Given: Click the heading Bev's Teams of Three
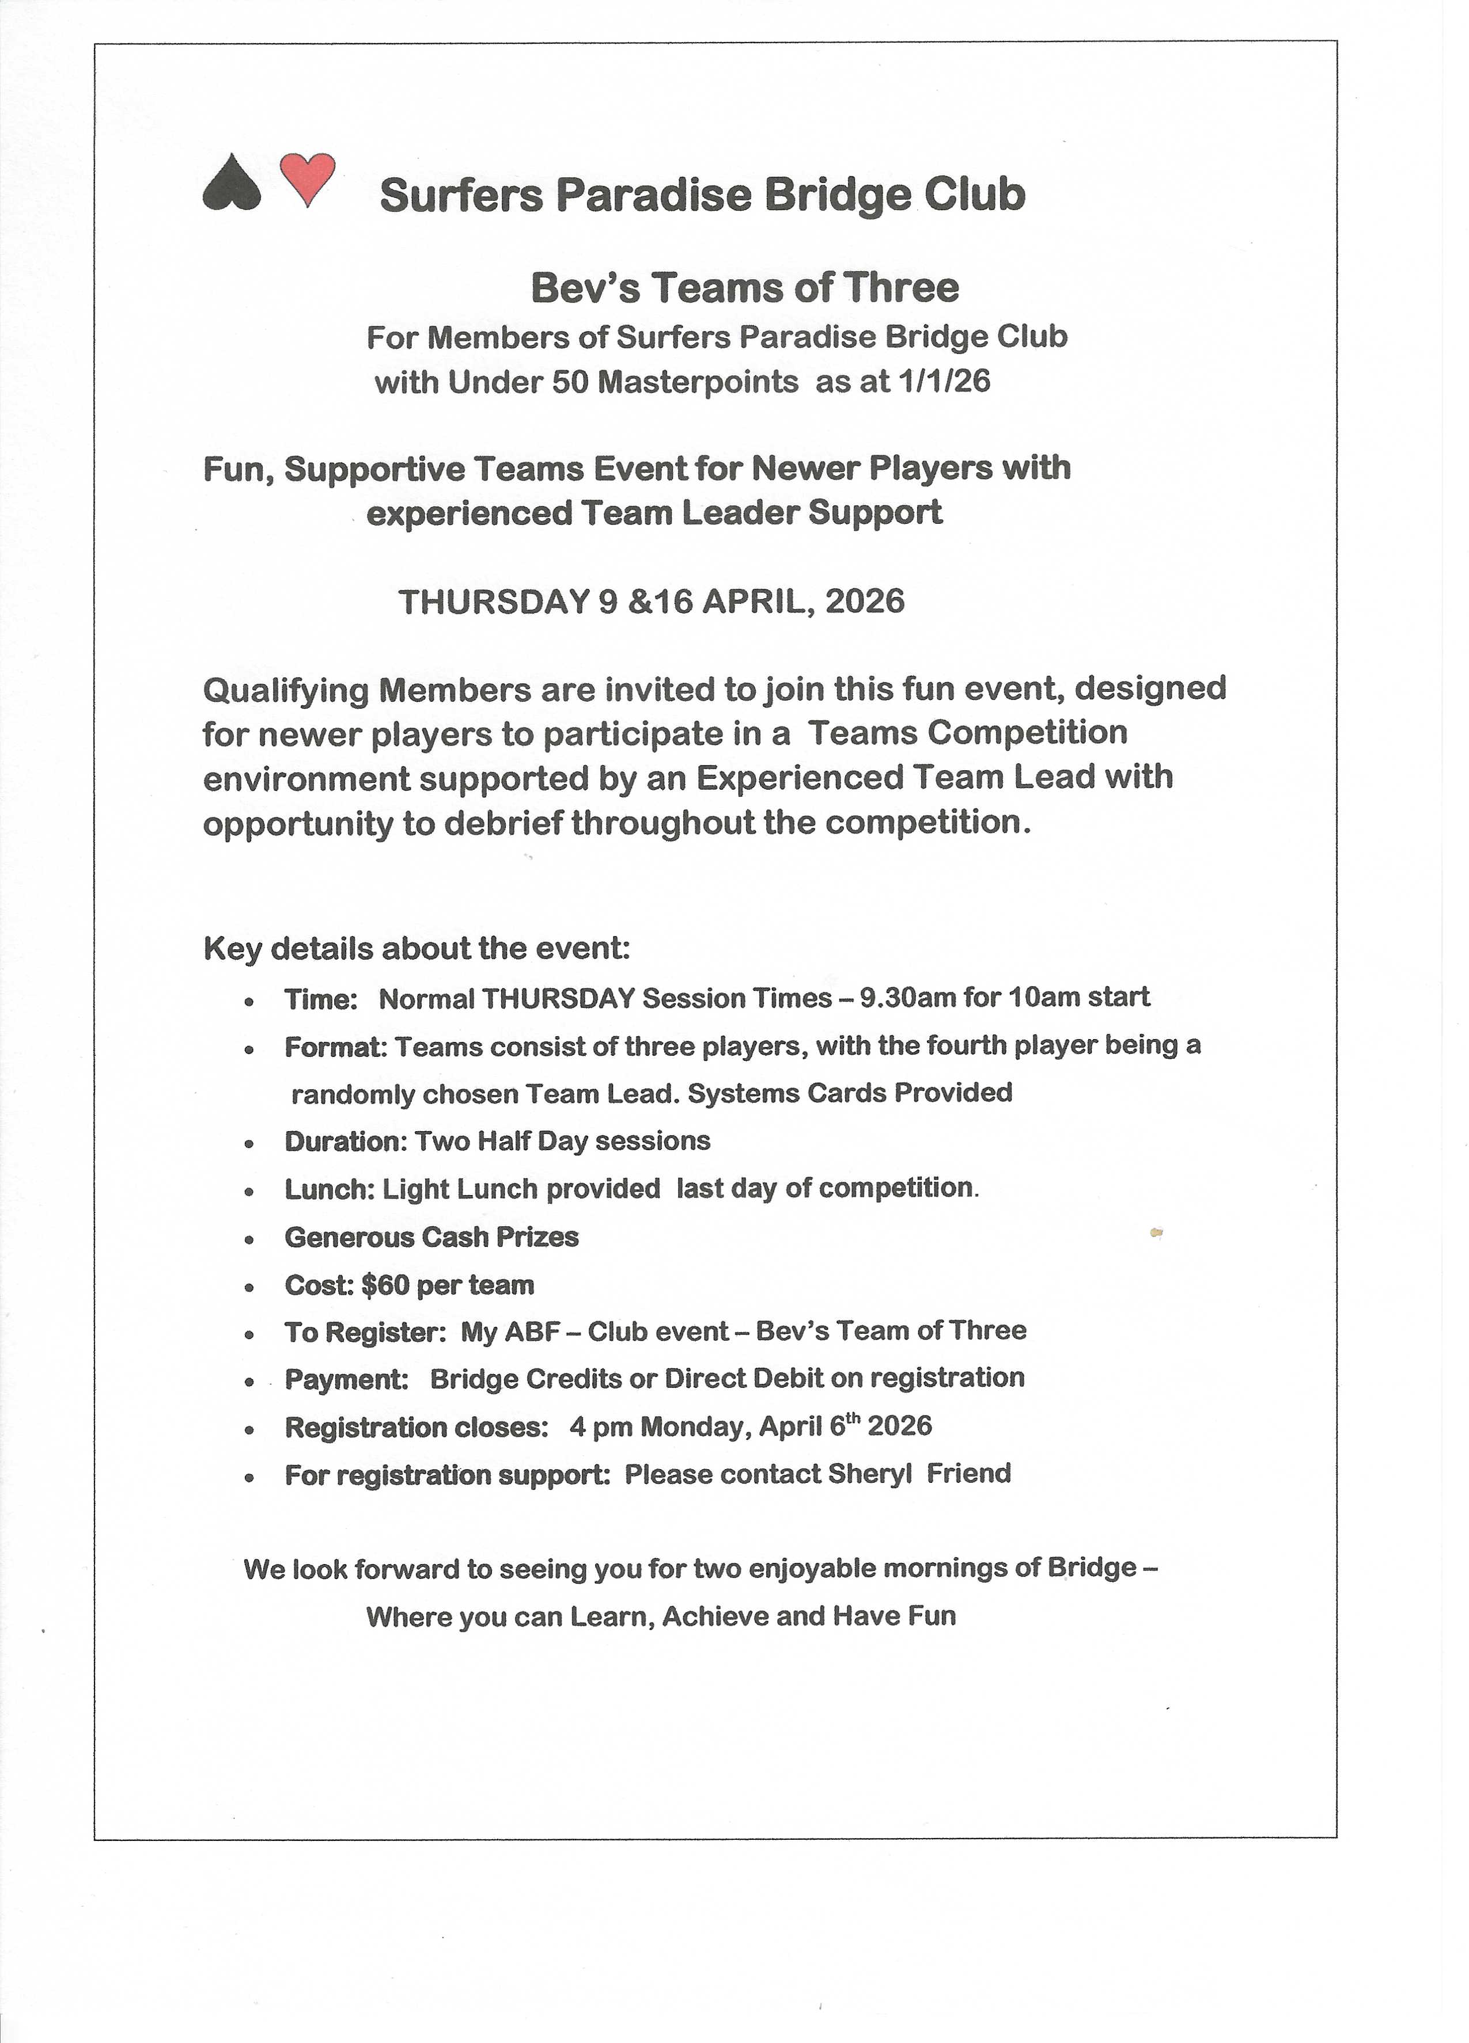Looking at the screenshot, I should pos(744,288).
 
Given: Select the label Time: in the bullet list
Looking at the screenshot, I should pos(321,999).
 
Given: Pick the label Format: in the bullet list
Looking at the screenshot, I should pos(335,1047).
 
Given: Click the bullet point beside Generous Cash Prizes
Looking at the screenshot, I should pos(249,1239).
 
